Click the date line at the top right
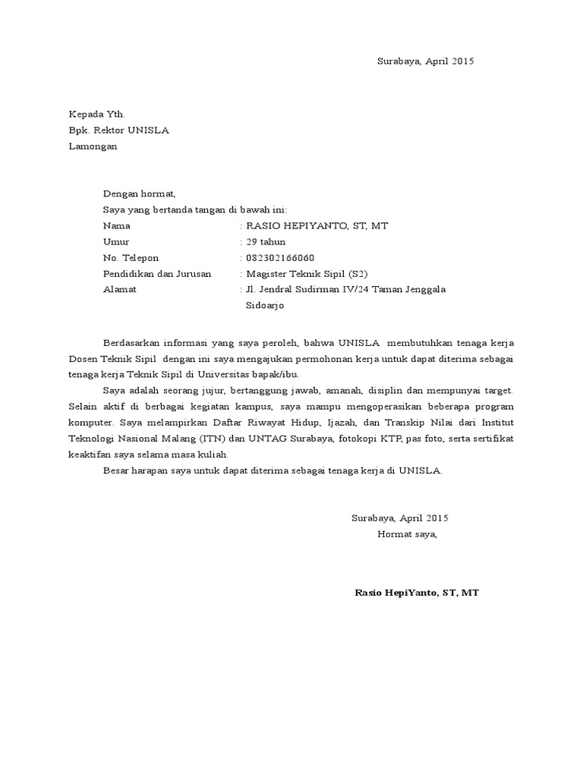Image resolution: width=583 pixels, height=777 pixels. (x=425, y=61)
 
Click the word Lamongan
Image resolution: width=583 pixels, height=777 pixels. (x=93, y=146)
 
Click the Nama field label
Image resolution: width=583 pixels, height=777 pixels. (x=116, y=225)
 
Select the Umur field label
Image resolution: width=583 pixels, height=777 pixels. (x=116, y=241)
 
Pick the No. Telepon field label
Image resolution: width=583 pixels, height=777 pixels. (x=131, y=258)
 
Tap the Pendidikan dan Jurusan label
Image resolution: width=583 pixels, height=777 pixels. (x=157, y=274)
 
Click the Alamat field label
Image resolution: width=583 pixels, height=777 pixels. (x=120, y=290)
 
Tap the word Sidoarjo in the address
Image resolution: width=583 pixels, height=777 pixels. (x=265, y=306)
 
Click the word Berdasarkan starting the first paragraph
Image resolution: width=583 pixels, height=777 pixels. (x=133, y=342)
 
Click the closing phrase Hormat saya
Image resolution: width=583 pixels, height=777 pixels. (x=408, y=534)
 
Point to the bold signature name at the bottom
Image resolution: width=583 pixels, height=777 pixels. (x=417, y=593)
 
